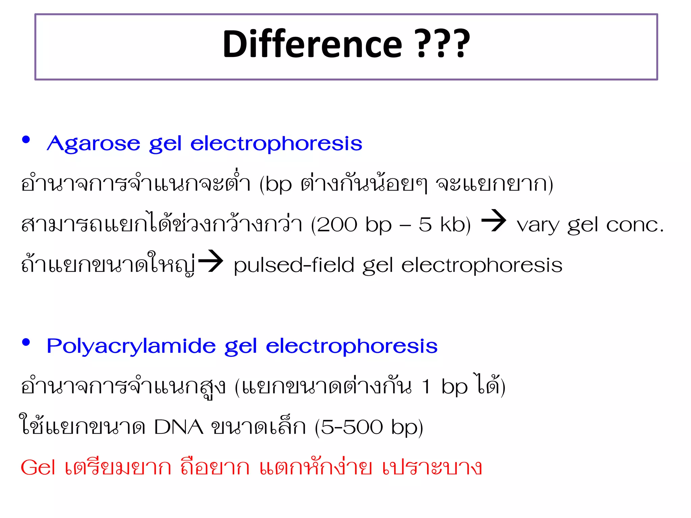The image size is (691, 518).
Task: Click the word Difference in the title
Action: pos(312,44)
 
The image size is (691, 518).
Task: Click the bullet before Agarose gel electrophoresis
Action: pos(26,140)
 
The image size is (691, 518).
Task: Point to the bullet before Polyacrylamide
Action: pos(26,342)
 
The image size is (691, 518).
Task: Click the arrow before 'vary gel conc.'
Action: pos(494,221)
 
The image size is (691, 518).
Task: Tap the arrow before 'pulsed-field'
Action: pos(211,261)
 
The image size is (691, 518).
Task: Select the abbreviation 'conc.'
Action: pos(635,225)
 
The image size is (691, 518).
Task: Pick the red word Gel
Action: pos(38,468)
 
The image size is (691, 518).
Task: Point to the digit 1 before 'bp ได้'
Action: pos(426,387)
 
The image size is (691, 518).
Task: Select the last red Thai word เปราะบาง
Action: pos(432,468)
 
